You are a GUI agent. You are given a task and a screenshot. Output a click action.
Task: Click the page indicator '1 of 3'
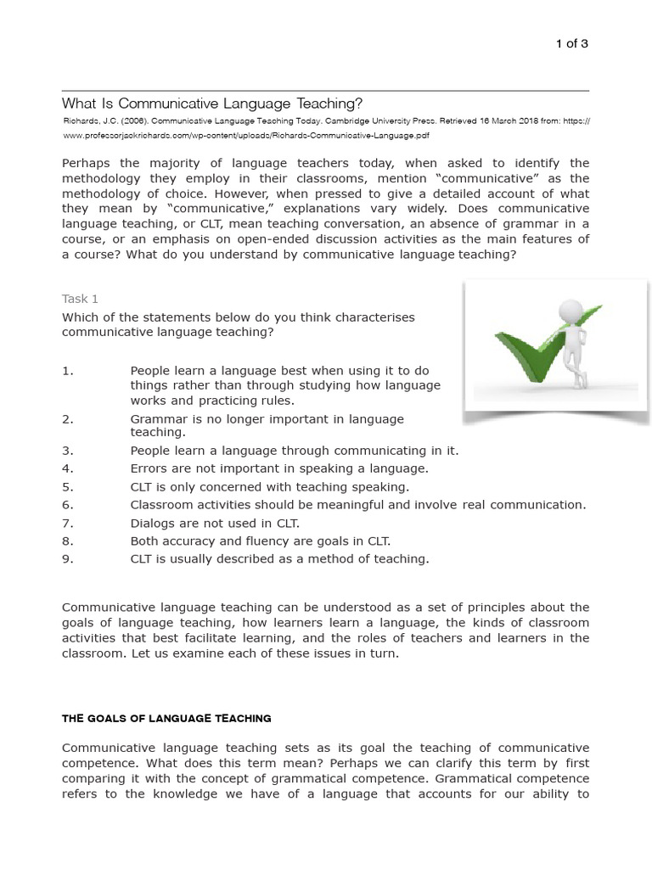(x=571, y=44)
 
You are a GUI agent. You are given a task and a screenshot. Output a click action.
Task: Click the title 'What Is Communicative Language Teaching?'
(x=212, y=104)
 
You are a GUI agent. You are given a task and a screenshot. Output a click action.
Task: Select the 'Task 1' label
(x=81, y=299)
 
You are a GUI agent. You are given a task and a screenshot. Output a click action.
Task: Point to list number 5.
(x=68, y=487)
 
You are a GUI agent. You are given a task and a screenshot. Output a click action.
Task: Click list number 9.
(x=68, y=558)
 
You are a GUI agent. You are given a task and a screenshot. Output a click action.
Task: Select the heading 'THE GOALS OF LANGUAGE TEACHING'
(x=166, y=718)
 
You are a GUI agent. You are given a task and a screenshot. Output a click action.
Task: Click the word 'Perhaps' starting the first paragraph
(x=87, y=163)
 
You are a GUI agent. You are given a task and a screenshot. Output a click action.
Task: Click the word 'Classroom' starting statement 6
(x=160, y=505)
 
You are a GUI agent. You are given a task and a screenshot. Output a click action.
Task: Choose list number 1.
(x=68, y=371)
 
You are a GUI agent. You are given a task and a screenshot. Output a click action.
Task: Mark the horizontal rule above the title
(x=325, y=90)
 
